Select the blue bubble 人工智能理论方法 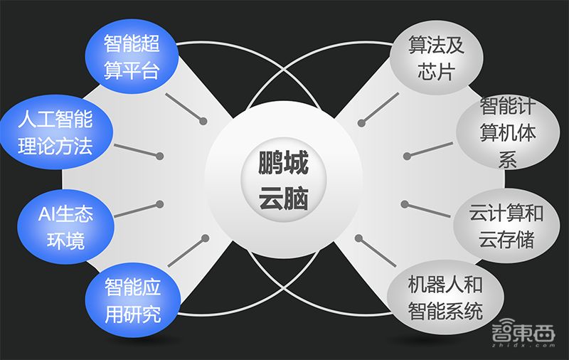coord(55,133)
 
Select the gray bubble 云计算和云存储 coord(506,227)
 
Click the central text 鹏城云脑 coord(283,181)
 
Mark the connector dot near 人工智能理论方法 coord(161,155)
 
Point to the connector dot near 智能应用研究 coord(206,238)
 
